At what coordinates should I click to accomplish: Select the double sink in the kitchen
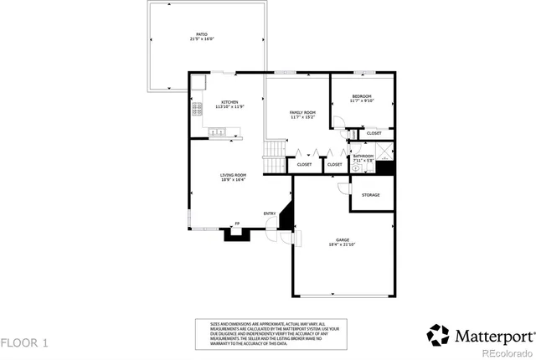click(x=217, y=131)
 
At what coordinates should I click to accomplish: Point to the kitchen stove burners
click(x=198, y=109)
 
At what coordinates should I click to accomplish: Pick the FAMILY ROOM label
click(x=302, y=112)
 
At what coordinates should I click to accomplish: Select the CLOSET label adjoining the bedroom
click(x=374, y=133)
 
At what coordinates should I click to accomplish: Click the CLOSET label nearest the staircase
click(x=304, y=164)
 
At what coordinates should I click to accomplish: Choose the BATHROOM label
click(x=363, y=156)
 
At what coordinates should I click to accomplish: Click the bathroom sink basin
click(x=356, y=167)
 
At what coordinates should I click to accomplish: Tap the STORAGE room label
click(x=370, y=195)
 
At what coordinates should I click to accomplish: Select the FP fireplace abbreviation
click(x=237, y=224)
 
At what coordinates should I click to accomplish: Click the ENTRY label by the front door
click(x=270, y=213)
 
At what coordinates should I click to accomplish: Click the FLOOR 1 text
click(x=25, y=342)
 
